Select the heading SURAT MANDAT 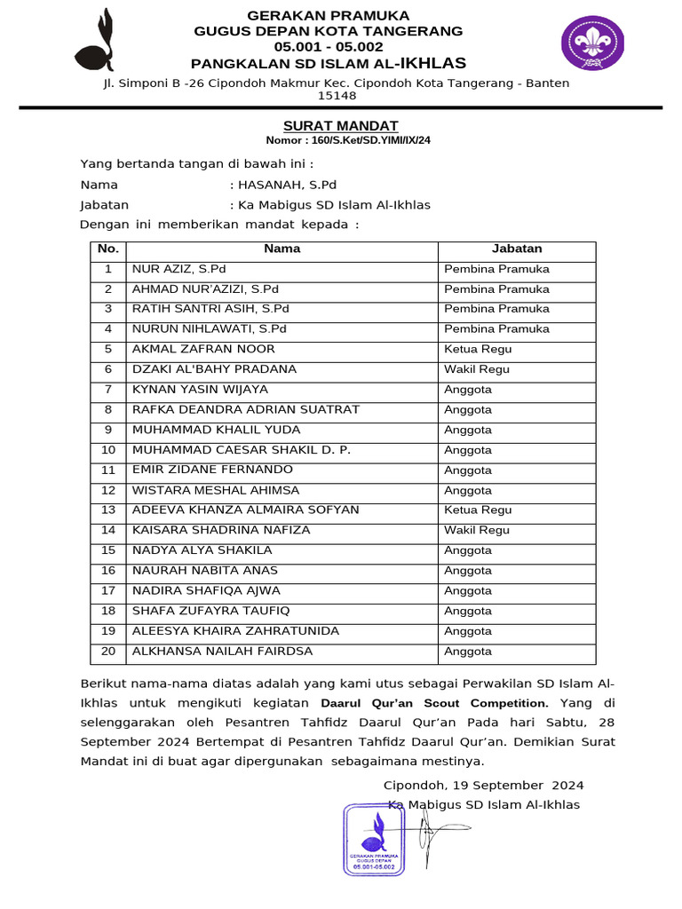tap(340, 126)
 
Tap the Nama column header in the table tap(282, 249)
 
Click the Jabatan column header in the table tap(517, 249)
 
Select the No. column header tap(107, 249)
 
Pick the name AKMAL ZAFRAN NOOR tap(203, 349)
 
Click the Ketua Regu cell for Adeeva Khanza tap(478, 510)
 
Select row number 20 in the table tap(108, 652)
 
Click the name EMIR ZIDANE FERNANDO tap(212, 470)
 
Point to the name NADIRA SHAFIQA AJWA tap(206, 590)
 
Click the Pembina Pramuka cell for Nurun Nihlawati tap(496, 329)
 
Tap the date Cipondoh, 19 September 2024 tap(483, 786)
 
